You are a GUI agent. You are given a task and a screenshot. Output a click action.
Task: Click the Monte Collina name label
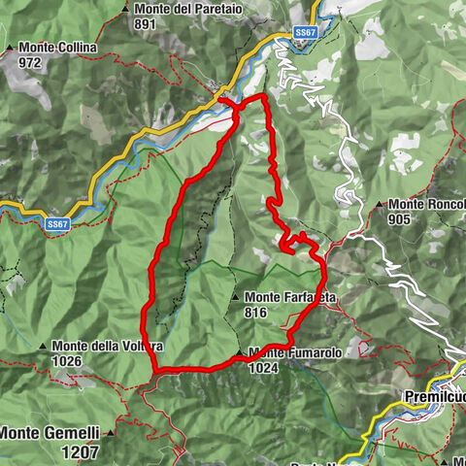[50, 47]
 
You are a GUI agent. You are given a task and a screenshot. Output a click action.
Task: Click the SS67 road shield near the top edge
[305, 32]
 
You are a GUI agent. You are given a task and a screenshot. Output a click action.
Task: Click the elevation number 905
[400, 219]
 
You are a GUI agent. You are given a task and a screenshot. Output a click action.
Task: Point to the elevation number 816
[257, 312]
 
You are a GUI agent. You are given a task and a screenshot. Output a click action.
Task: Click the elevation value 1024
[263, 368]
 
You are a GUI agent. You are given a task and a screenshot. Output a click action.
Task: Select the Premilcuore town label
[433, 397]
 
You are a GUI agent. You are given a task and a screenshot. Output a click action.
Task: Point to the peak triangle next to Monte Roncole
[379, 205]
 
